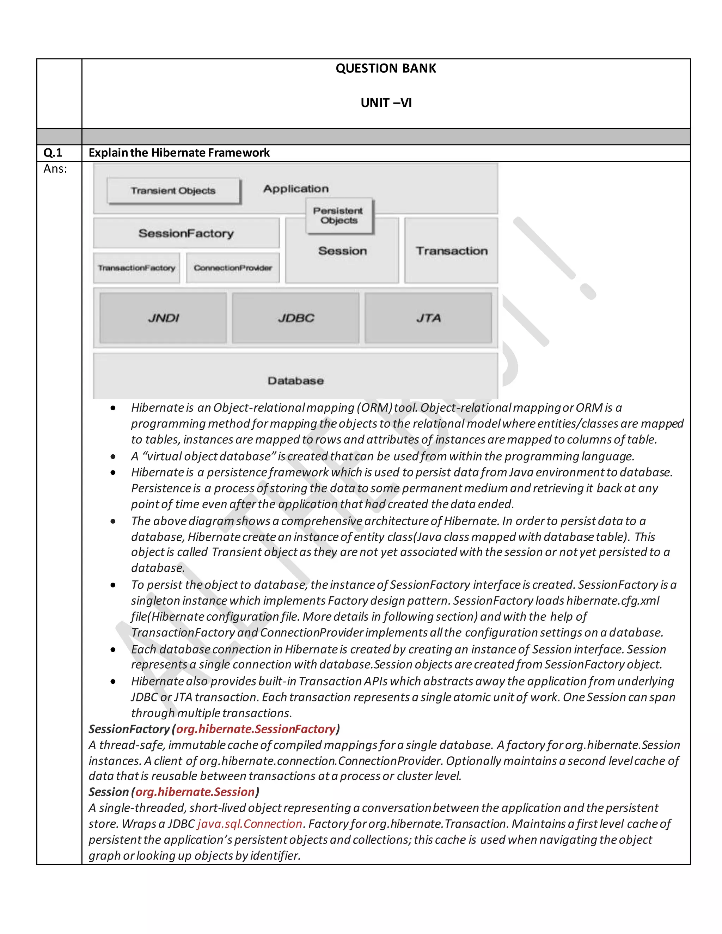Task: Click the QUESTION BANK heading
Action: coord(385,68)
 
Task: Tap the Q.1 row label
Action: coord(53,153)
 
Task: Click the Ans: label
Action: coord(55,169)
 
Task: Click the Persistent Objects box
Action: coord(339,216)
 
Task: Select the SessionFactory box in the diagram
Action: coord(186,233)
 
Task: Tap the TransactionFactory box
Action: coord(136,268)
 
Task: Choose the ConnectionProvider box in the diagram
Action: coord(233,268)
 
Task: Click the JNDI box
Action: coord(163,318)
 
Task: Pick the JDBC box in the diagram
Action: coord(295,318)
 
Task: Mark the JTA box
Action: coord(428,318)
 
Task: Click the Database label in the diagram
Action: coord(295,381)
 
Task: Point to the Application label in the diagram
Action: coord(296,189)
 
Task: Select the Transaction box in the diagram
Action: coord(451,251)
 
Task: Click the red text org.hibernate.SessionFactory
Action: coord(256,729)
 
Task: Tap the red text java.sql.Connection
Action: coord(250,824)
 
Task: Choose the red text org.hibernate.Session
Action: coord(195,792)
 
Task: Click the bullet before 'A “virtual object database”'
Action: coord(113,457)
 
